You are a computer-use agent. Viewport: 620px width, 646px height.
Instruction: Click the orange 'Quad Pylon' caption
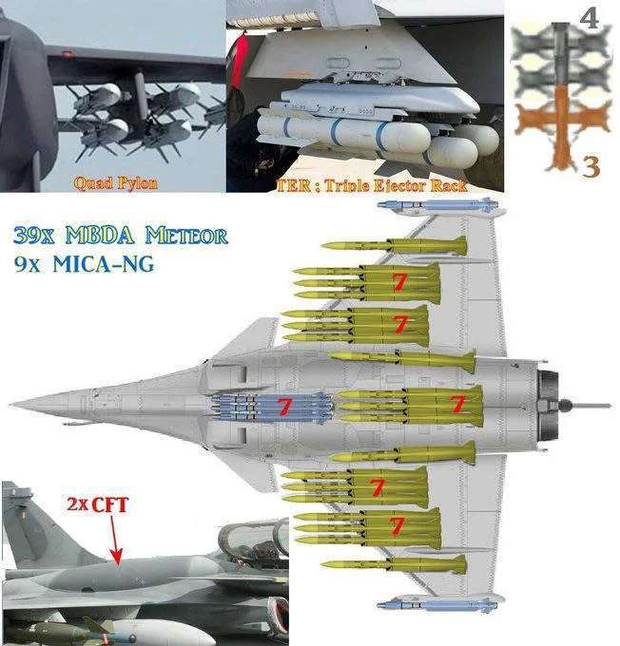(x=115, y=183)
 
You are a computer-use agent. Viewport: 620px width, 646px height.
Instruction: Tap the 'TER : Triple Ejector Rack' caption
(x=372, y=185)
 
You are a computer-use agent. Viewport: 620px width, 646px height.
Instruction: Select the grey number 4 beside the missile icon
(x=589, y=19)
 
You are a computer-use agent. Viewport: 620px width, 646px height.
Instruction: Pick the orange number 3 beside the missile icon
(x=591, y=167)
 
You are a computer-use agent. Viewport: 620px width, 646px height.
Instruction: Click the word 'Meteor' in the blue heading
(x=186, y=236)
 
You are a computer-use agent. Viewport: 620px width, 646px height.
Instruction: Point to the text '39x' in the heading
(x=33, y=236)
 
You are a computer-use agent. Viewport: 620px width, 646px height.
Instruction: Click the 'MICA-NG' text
(x=103, y=264)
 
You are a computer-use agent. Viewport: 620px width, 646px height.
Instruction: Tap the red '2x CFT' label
(x=98, y=504)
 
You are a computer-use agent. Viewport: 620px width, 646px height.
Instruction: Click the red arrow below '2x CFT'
(x=114, y=540)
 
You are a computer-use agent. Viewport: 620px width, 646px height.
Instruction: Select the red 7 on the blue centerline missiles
(x=283, y=406)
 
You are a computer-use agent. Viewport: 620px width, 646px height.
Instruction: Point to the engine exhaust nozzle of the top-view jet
(x=548, y=406)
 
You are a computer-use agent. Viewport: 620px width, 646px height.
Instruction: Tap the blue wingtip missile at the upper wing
(x=438, y=204)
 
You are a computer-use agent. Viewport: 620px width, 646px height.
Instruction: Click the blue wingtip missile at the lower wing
(x=437, y=605)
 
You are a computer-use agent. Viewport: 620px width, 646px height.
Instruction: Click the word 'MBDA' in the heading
(x=100, y=236)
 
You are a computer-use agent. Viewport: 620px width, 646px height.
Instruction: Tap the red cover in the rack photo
(x=238, y=63)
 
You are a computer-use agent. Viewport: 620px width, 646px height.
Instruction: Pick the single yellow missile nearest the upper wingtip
(x=394, y=246)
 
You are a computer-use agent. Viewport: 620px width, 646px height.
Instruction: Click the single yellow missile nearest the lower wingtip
(x=394, y=564)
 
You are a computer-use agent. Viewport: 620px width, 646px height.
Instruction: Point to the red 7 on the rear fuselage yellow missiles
(x=457, y=404)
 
